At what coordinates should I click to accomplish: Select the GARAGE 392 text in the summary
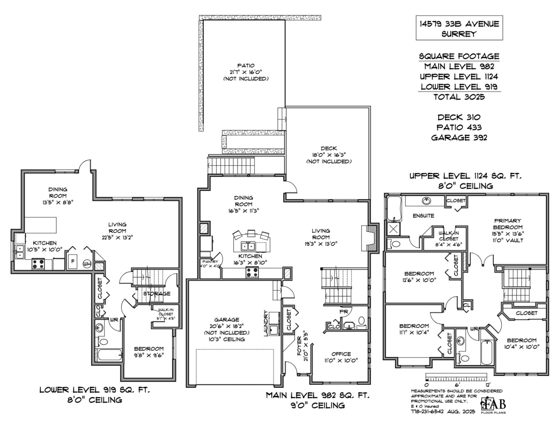[x=459, y=137]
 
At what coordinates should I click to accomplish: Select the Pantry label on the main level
[x=207, y=264]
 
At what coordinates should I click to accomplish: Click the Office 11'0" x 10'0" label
[x=341, y=357]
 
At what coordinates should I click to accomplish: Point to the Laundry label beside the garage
[x=266, y=322]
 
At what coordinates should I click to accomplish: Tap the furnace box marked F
[x=72, y=262]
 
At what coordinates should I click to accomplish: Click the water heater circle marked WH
[x=87, y=264]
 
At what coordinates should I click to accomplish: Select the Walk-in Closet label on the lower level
[x=166, y=313]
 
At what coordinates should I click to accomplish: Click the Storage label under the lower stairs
[x=156, y=293]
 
